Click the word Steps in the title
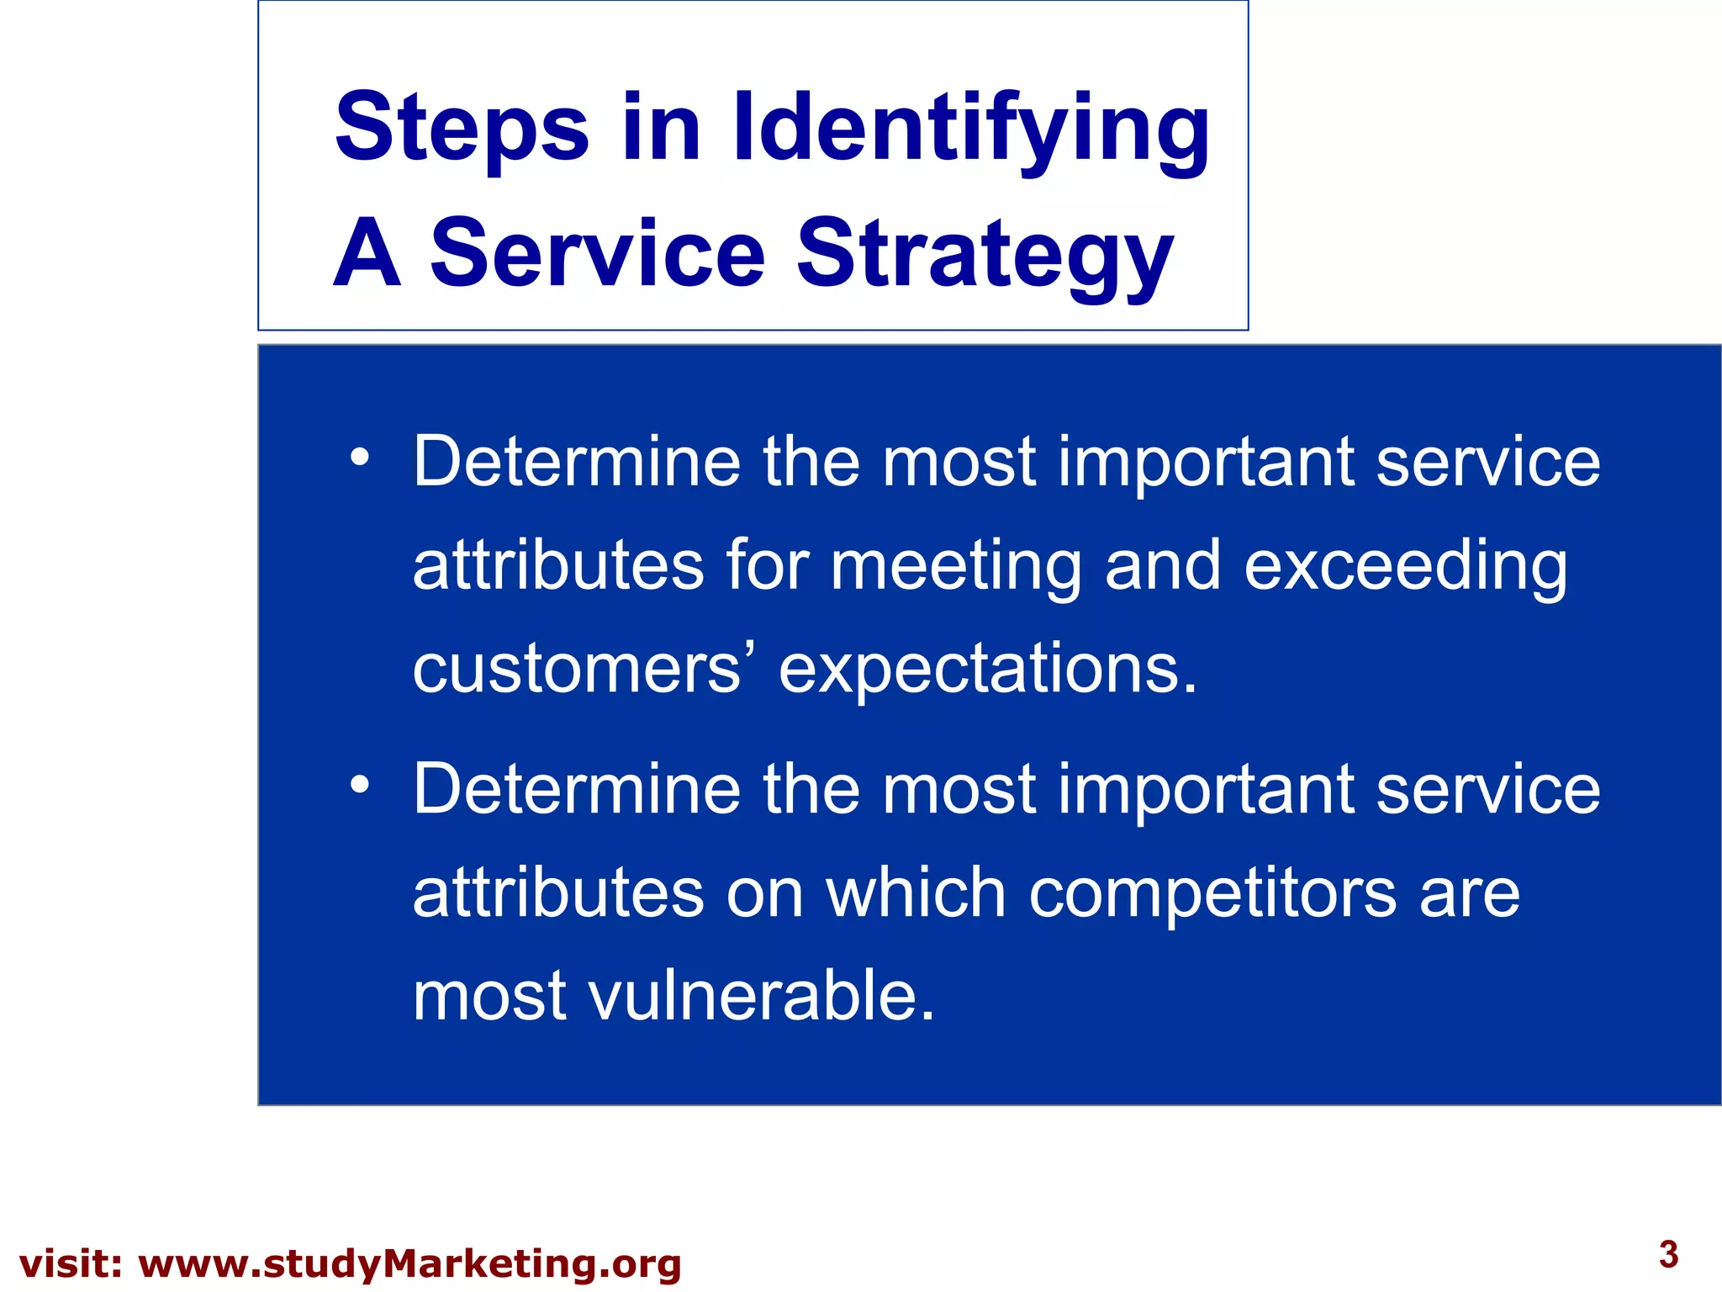[x=462, y=129]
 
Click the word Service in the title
[x=597, y=253]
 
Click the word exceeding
[x=1405, y=567]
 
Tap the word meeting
[x=956, y=567]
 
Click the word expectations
[x=987, y=670]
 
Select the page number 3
[x=1668, y=1254]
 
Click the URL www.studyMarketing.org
[x=409, y=1264]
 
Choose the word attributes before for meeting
[x=557, y=565]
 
